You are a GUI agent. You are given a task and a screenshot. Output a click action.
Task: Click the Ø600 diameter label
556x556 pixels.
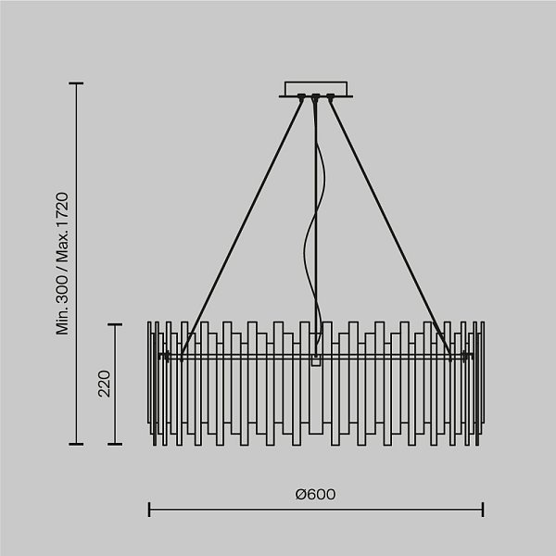315,494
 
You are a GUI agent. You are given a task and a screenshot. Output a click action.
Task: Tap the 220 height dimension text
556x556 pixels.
105,384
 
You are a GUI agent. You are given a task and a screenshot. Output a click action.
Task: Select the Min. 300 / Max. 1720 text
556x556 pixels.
62,263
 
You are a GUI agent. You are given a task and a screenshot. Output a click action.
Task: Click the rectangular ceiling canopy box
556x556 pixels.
316,88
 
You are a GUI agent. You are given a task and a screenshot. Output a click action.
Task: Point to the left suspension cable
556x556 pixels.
242,228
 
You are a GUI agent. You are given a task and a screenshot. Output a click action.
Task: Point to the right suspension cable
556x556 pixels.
390,228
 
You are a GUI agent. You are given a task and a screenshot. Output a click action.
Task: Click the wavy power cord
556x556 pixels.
316,227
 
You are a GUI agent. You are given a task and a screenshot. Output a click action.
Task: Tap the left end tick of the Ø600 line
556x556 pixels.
149,510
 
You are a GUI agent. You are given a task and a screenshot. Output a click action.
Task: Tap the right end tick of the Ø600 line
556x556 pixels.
483,510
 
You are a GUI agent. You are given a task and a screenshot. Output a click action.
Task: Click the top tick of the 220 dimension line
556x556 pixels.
115,324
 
